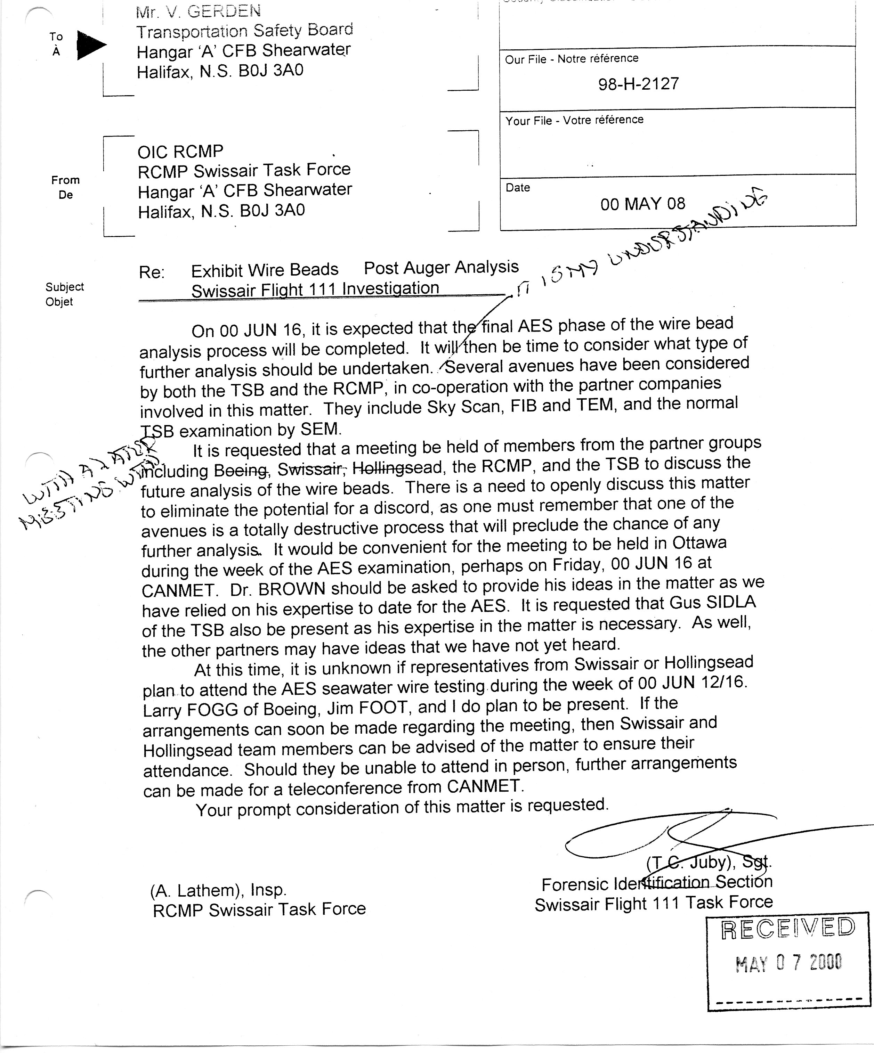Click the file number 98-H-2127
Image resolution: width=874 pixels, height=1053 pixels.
tap(638, 84)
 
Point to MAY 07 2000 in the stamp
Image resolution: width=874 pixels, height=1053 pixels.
tap(788, 963)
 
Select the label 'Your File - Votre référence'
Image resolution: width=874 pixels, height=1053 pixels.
tap(574, 120)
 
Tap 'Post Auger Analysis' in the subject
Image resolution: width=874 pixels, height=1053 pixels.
tap(441, 267)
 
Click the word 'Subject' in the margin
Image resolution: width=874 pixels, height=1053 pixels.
tap(65, 287)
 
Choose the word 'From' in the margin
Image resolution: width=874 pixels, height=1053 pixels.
tap(65, 180)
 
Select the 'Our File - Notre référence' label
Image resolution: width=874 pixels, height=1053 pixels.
tap(572, 59)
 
